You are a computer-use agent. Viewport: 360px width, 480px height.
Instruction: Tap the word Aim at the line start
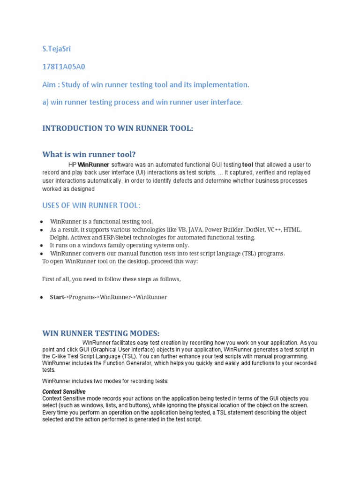click(x=49, y=84)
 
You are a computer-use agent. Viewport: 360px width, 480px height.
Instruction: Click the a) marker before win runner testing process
click(x=45, y=102)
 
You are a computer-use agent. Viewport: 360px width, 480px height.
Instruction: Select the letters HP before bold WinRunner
click(x=72, y=165)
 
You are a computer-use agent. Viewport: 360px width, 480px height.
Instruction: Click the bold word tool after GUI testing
click(x=247, y=165)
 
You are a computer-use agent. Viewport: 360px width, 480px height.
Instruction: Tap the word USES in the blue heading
click(x=52, y=205)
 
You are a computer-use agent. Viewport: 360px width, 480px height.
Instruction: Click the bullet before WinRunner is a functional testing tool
click(x=42, y=221)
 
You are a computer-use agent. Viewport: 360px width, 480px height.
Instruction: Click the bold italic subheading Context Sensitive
click(x=64, y=391)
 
